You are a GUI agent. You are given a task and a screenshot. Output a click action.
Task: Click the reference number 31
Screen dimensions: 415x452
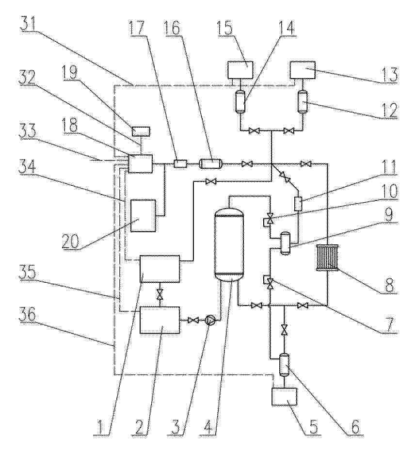point(30,25)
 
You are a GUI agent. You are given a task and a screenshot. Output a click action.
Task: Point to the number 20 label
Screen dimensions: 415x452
point(70,241)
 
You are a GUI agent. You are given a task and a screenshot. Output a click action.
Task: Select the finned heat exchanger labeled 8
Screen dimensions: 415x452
point(328,258)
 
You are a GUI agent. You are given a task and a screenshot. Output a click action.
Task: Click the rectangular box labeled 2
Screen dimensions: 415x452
point(160,320)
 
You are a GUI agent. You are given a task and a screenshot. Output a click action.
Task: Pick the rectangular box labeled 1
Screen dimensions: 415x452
point(160,268)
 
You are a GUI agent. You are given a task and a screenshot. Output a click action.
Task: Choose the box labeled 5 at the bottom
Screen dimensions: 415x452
point(285,397)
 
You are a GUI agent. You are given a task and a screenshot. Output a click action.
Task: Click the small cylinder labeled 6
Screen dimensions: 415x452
point(285,365)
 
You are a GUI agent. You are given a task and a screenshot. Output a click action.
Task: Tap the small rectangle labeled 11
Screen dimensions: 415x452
point(298,204)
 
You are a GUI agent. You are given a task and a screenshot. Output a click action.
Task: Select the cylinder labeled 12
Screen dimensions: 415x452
point(303,101)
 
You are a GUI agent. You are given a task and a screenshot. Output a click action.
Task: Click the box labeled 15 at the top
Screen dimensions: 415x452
point(240,70)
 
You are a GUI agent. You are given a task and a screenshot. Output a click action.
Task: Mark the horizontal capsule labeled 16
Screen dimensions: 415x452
point(210,164)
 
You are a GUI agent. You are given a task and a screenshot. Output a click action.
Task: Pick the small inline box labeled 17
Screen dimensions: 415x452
point(181,164)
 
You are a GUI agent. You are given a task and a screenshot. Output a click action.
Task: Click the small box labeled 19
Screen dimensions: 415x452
point(141,131)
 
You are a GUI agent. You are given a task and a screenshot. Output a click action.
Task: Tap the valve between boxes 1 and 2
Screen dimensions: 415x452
point(160,294)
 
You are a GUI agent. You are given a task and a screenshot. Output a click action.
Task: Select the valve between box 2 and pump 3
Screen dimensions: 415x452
point(193,320)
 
